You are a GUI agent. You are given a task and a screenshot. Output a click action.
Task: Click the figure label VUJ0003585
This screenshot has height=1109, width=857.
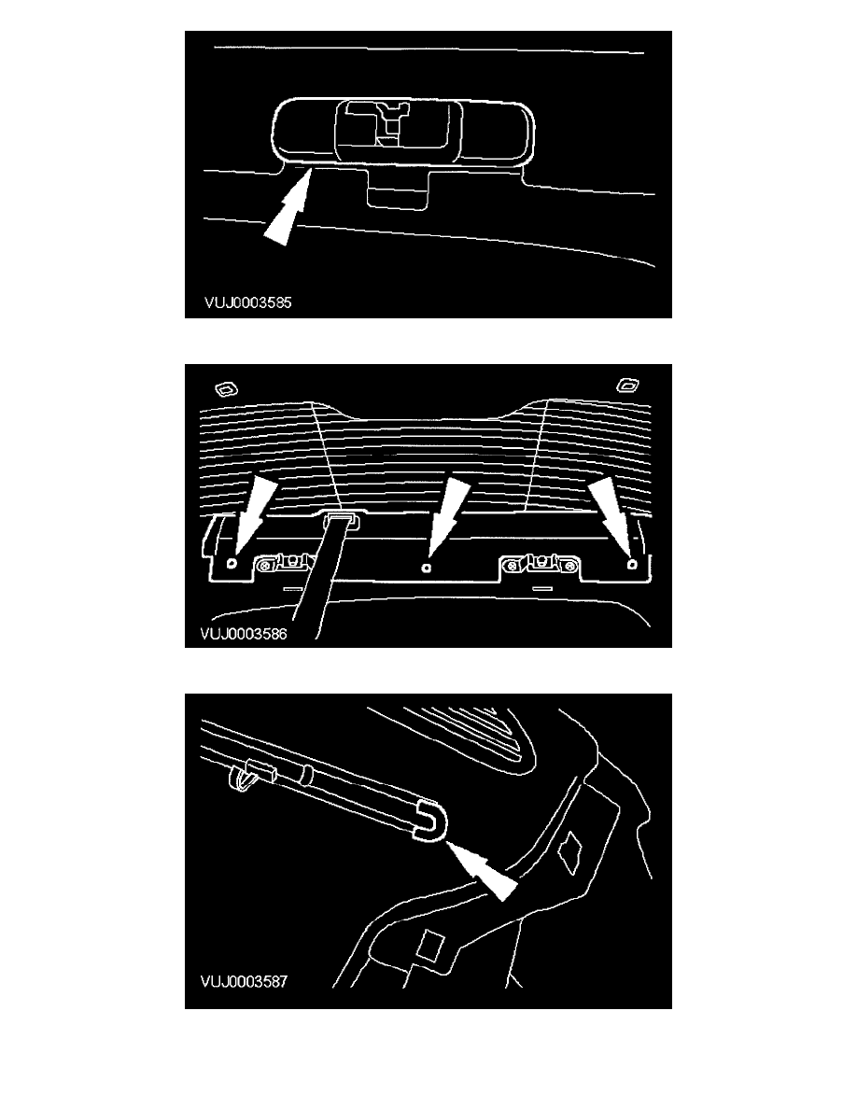[247, 302]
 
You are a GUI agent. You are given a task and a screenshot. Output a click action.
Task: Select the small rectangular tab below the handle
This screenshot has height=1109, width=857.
[398, 189]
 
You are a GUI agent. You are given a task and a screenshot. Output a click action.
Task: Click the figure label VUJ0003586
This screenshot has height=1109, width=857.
[244, 634]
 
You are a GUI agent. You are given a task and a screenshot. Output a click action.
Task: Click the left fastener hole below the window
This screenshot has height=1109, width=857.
[232, 565]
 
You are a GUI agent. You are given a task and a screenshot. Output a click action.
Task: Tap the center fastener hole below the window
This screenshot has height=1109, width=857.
[425, 568]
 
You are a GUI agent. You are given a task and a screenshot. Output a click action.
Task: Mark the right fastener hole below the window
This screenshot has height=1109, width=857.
[633, 565]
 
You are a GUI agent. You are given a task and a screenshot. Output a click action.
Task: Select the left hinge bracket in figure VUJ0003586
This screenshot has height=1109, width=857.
[286, 563]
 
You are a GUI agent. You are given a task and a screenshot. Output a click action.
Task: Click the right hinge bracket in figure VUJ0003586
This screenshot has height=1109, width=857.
[541, 564]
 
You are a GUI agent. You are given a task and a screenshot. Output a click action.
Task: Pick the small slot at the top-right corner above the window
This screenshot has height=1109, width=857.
[628, 386]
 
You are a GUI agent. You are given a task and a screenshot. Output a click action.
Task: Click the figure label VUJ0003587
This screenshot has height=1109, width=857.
[244, 982]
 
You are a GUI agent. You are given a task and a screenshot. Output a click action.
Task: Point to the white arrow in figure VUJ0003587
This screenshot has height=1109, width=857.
[483, 868]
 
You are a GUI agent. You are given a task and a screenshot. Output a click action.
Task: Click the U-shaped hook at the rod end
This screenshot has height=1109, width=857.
[430, 821]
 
